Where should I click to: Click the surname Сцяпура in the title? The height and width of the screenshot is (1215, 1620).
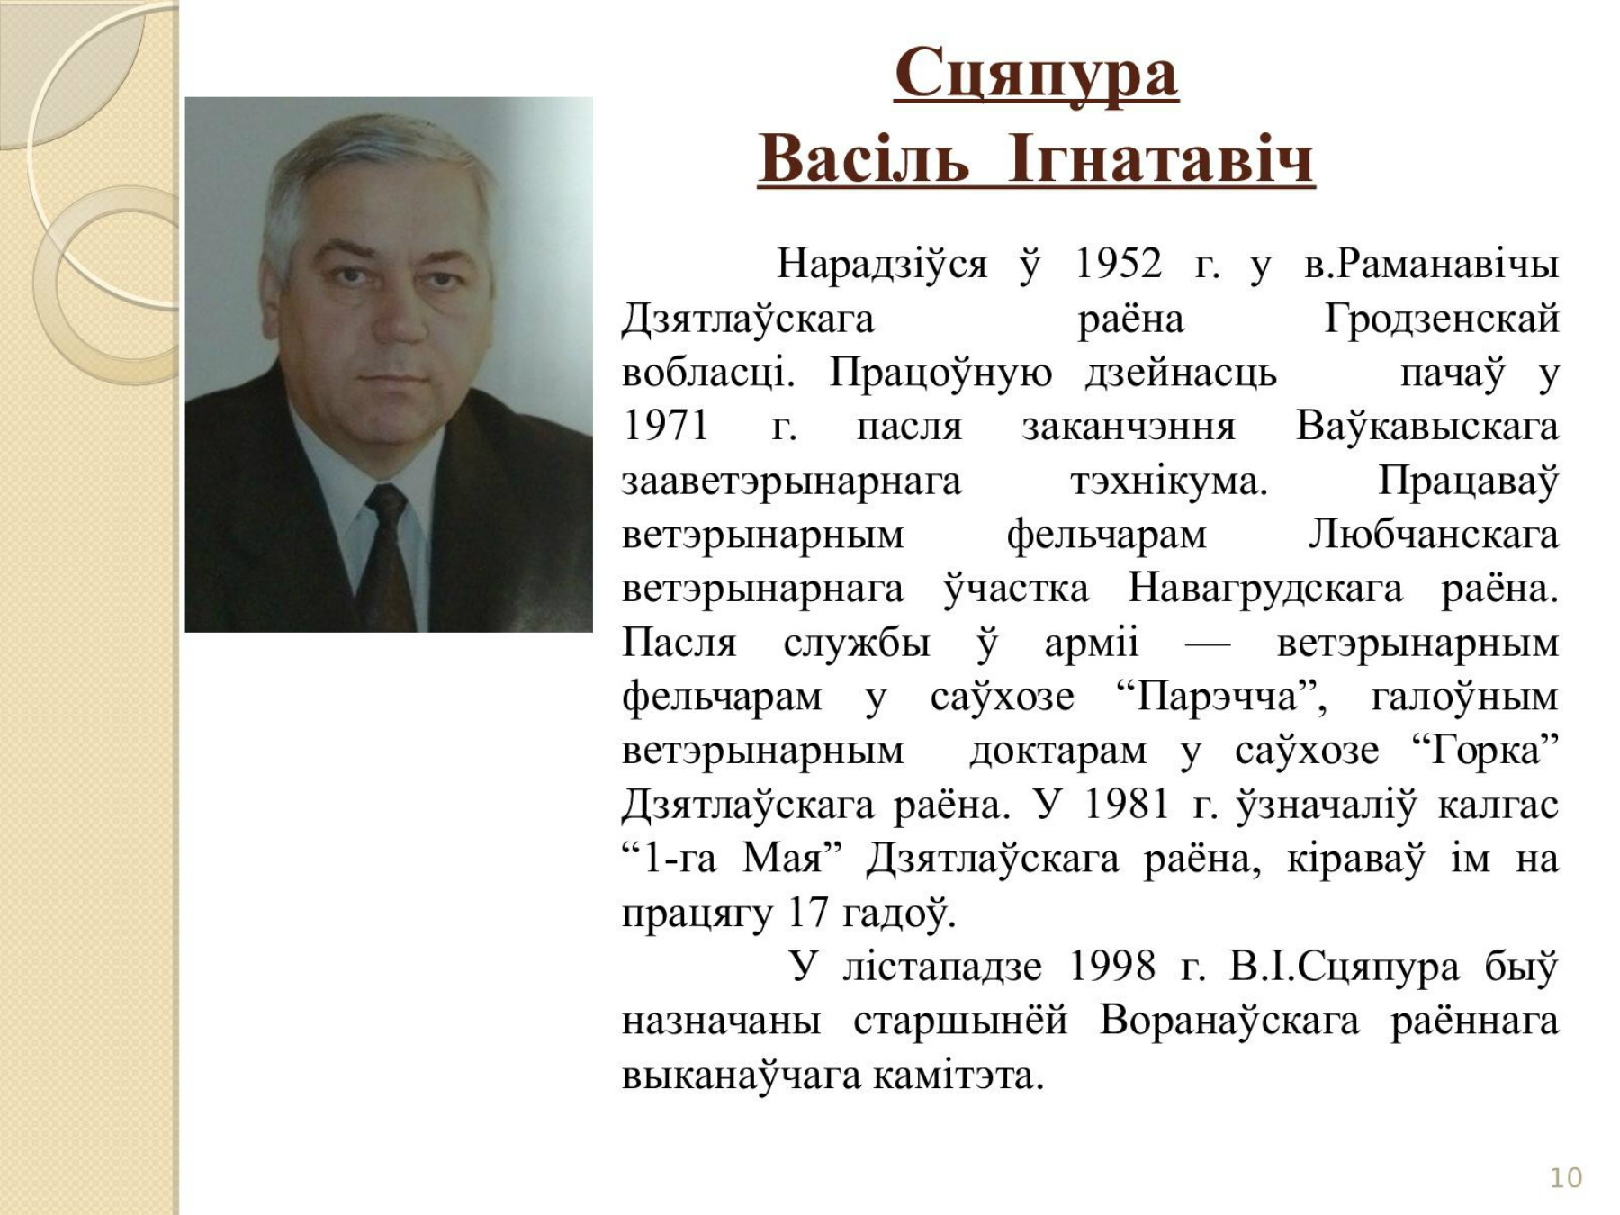[1036, 75]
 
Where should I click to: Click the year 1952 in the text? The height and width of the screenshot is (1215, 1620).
[1119, 264]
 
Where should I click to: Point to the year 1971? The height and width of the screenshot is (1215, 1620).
[665, 426]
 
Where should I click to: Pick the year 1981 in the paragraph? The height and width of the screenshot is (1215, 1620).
[1126, 804]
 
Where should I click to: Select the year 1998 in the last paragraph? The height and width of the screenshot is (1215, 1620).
[1112, 967]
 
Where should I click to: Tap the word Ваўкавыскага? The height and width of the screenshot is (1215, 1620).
[1427, 426]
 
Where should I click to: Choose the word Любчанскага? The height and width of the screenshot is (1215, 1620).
[1433, 535]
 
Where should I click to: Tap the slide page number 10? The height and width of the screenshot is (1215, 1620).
[1566, 1178]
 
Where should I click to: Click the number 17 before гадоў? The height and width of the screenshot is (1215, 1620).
[807, 913]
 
